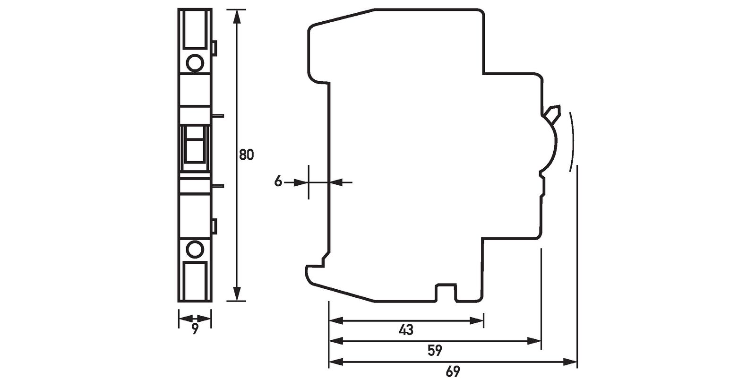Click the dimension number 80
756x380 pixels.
pos(246,155)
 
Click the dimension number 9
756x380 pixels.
pos(195,329)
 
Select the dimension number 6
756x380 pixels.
pos(278,181)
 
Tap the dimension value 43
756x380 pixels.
pos(406,329)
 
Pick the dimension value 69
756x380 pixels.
pos(452,371)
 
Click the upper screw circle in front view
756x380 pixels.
pos(195,62)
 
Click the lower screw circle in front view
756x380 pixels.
pos(195,248)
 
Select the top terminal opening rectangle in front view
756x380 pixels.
pos(195,29)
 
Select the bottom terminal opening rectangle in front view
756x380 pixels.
pos(195,282)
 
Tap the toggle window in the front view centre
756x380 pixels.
pos(194,144)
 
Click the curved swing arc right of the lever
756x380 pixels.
pos(575,139)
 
